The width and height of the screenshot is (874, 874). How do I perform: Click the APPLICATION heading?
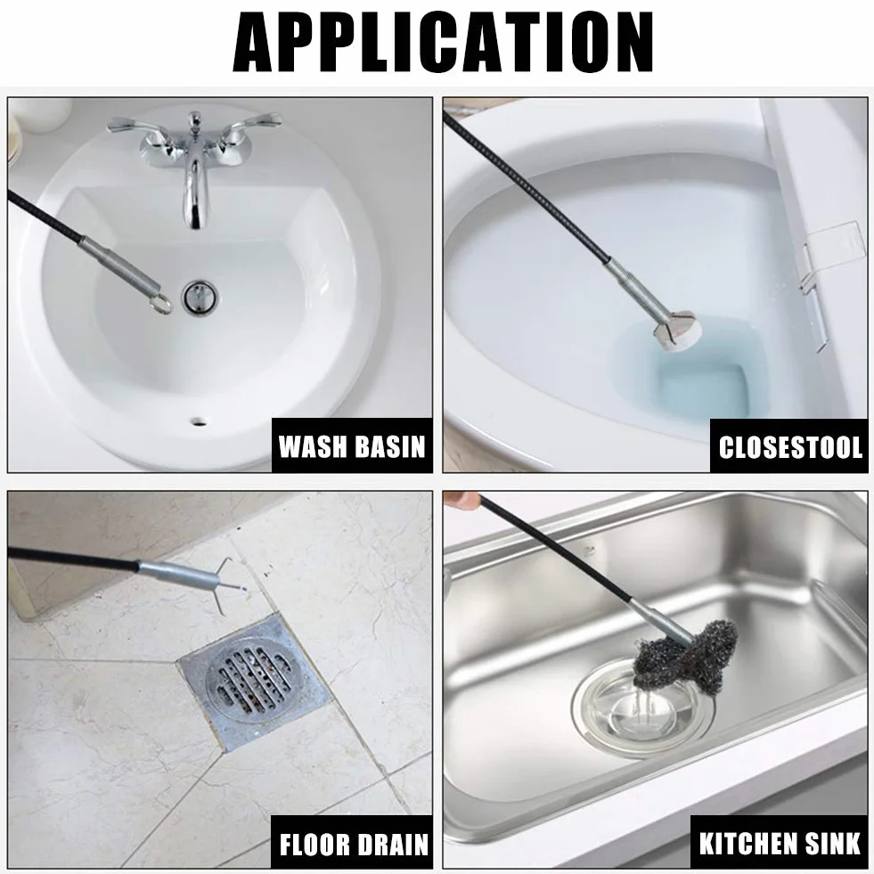[443, 42]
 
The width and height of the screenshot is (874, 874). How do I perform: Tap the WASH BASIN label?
[352, 446]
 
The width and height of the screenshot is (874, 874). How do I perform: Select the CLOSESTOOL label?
[790, 447]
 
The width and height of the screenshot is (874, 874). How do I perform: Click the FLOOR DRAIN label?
[354, 845]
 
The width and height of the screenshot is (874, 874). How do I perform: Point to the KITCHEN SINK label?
[780, 844]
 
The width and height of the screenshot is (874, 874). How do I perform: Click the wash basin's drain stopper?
[200, 298]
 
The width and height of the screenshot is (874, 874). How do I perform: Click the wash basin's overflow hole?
[198, 421]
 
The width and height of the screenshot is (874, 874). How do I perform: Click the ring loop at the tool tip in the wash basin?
[161, 305]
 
